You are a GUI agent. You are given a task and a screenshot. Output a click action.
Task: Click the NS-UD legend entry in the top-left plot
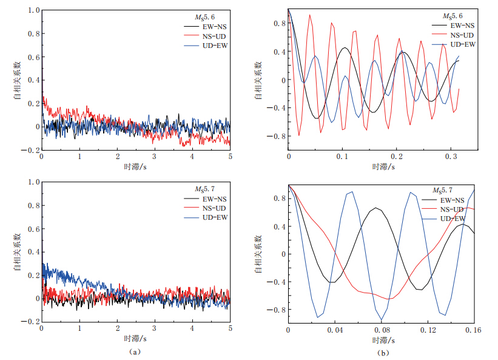213,36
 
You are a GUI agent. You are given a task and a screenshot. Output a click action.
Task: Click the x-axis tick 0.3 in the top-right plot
449,157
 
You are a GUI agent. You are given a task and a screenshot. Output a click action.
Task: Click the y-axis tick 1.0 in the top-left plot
34,11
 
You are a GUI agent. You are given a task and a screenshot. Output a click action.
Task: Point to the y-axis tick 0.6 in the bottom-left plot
34,228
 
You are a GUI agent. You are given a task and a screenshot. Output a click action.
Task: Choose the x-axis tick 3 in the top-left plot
155,156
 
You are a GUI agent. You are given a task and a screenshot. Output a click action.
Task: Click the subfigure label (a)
135,351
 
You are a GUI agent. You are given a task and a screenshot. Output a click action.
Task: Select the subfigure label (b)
382,353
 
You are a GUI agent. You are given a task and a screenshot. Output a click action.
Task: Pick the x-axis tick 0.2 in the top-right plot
395,157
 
